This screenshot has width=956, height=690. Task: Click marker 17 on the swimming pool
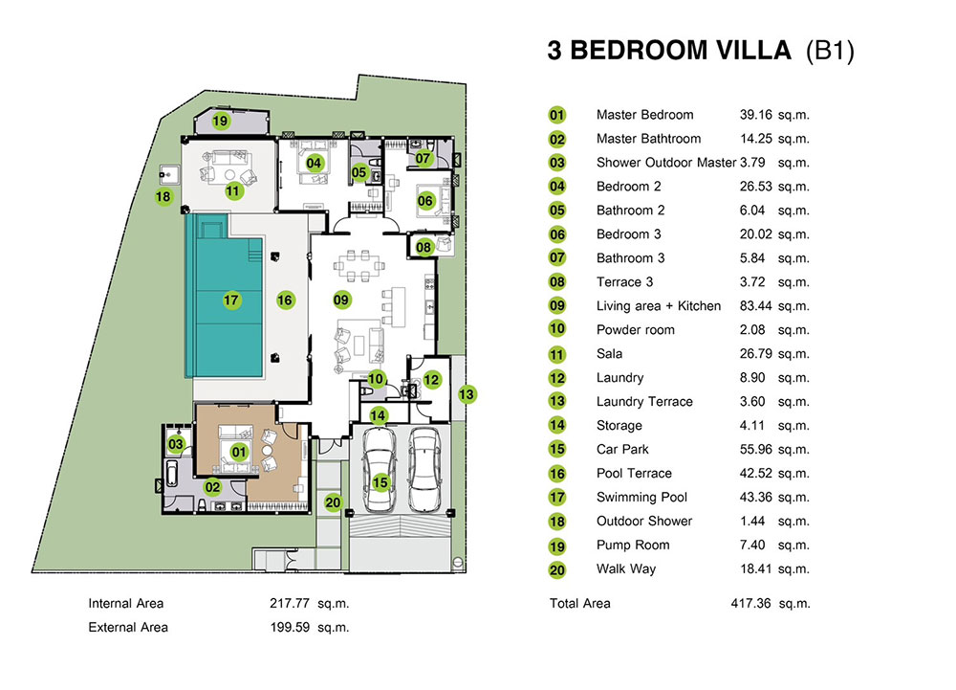point(230,300)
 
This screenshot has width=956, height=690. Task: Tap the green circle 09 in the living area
point(341,300)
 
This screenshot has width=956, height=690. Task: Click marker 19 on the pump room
point(221,122)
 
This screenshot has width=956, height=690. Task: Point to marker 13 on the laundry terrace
point(466,392)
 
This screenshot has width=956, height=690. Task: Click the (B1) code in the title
point(830,51)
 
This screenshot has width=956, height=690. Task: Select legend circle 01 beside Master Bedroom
point(557,115)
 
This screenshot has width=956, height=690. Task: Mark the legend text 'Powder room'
point(635,330)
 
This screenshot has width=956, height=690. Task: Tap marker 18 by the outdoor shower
point(163,197)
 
